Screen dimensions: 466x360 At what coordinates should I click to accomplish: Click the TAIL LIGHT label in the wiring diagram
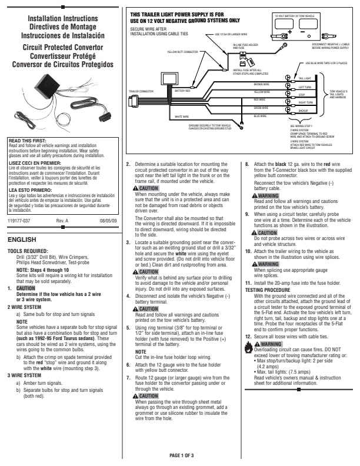click(304, 78)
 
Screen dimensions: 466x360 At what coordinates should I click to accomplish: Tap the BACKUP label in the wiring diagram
click(303, 110)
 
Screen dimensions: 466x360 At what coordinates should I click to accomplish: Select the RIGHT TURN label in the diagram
click(305, 102)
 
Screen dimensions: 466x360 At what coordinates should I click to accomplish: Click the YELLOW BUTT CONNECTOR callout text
click(166, 51)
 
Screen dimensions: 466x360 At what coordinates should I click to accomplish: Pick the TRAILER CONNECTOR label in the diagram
click(141, 91)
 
